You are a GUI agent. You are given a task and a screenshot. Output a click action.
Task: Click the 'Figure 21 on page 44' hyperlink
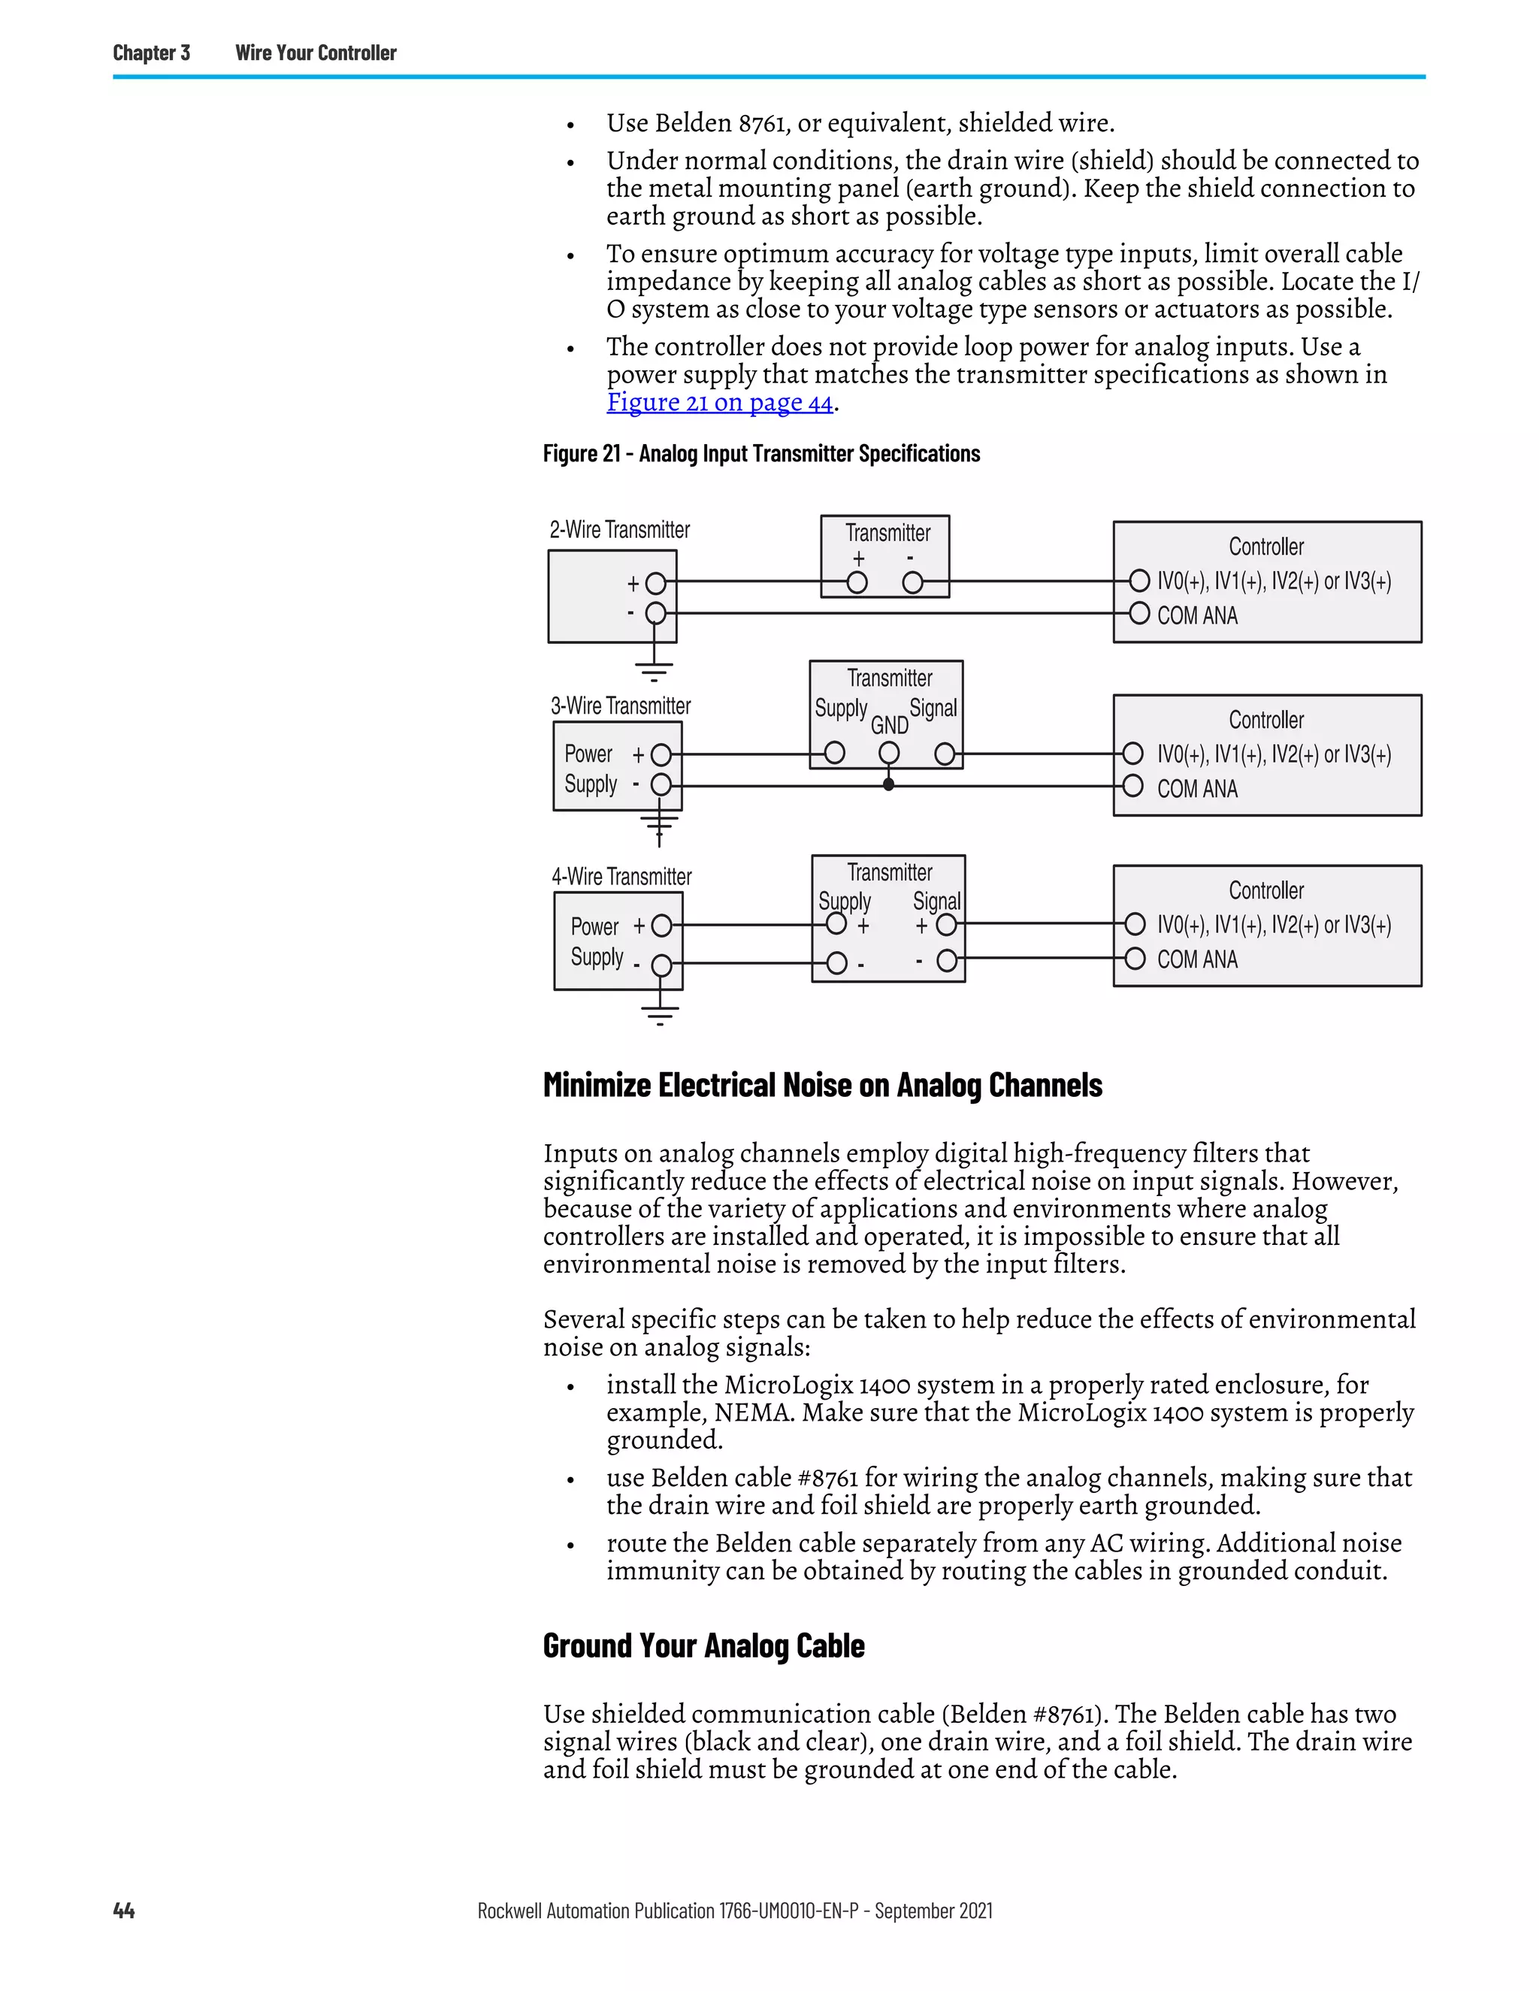[719, 402]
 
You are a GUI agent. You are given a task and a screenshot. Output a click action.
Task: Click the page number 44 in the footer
[124, 1910]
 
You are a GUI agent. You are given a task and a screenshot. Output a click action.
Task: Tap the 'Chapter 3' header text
[151, 53]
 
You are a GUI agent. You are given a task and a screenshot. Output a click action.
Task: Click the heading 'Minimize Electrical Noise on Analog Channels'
[822, 1085]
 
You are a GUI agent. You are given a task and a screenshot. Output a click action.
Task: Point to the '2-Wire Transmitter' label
[619, 530]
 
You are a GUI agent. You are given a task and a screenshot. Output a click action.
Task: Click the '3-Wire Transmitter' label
[620, 705]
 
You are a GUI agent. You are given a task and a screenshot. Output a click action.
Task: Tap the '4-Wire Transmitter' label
[621, 876]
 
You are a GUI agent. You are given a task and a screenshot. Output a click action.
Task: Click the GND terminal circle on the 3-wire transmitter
[889, 753]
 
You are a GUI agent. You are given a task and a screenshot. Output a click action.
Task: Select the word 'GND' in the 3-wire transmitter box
[889, 725]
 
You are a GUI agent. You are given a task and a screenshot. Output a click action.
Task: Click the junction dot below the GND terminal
[888, 785]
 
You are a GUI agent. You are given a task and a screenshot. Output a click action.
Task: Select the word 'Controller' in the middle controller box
[1265, 721]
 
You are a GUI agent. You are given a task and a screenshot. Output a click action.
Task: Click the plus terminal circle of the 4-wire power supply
[662, 926]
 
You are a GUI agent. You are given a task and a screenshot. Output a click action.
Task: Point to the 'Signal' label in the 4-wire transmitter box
[936, 901]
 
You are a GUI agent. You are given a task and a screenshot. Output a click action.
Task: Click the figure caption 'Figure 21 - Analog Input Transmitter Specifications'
[761, 454]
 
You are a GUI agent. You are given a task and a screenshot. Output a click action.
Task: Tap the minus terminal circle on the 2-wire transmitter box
[912, 582]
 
